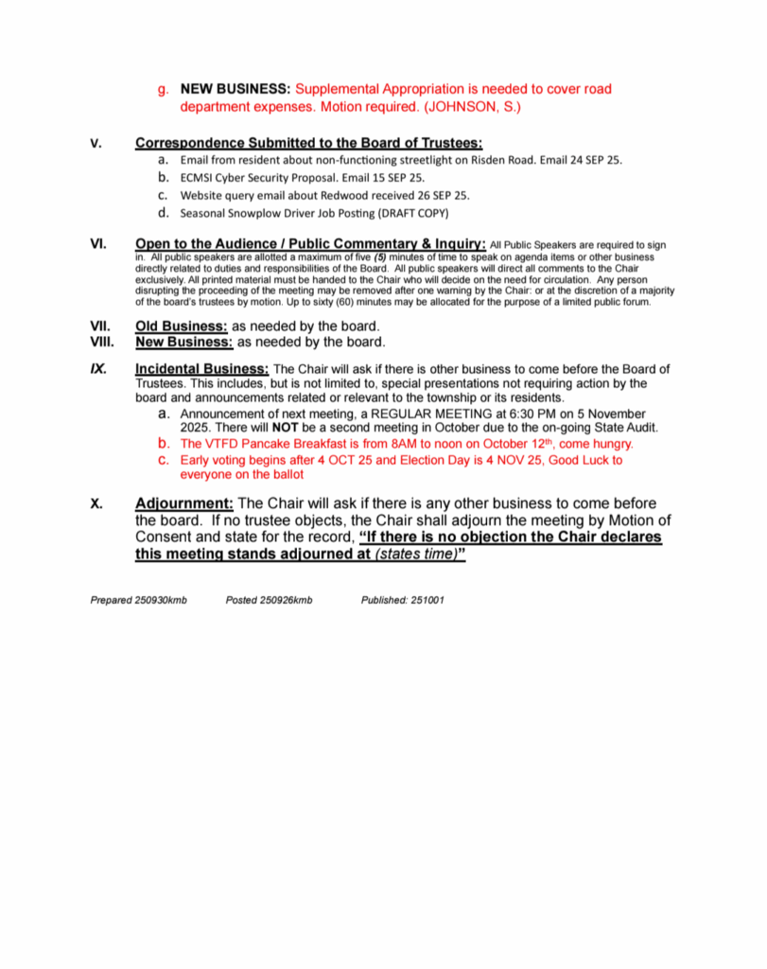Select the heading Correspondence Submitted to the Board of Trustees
(x=308, y=144)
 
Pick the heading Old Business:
(x=182, y=326)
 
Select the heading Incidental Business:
(x=202, y=368)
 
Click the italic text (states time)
(x=414, y=554)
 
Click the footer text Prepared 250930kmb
(x=138, y=600)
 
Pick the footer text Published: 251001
(x=403, y=600)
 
